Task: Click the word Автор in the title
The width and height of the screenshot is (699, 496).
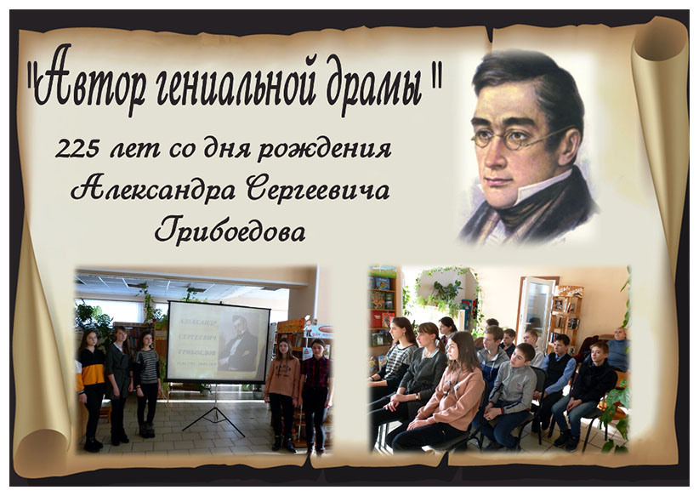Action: (x=90, y=79)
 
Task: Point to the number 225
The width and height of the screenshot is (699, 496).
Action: (x=77, y=149)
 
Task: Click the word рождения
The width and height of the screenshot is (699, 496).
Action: (x=325, y=151)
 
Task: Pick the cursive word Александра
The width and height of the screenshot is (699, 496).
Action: (x=153, y=191)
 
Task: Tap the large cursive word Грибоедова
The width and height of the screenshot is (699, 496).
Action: (x=230, y=231)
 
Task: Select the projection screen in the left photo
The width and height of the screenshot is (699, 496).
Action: (x=219, y=341)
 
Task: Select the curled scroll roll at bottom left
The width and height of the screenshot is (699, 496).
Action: (x=41, y=452)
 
